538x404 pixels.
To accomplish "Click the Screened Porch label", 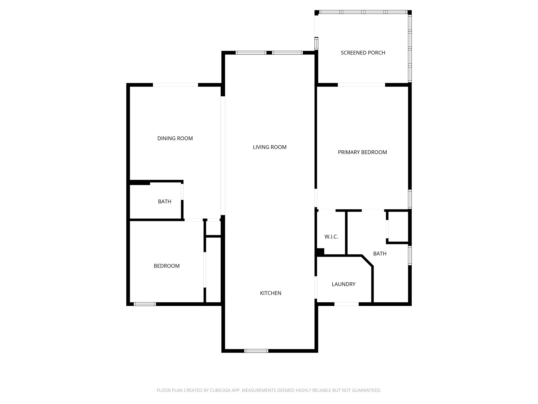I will [x=363, y=53].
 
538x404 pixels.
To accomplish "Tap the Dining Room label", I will [x=175, y=138].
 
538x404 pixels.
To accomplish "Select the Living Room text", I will [x=270, y=147].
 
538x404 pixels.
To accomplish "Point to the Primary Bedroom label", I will [x=362, y=152].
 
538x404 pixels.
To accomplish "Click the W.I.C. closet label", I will [x=331, y=237].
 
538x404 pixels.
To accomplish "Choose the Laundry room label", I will [x=343, y=284].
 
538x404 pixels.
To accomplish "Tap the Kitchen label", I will [x=271, y=293].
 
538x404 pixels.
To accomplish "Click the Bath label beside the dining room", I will [x=164, y=201].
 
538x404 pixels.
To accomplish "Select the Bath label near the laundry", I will [x=380, y=254].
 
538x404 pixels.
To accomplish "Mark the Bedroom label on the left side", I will [x=167, y=266].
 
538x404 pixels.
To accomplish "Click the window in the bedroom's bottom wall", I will [x=145, y=304].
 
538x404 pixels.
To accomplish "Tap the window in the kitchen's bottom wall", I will [x=256, y=351].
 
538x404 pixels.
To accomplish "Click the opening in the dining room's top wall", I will [x=175, y=85].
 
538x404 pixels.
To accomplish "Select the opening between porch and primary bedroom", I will [x=361, y=85].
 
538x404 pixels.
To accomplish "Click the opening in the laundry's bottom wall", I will [x=346, y=304].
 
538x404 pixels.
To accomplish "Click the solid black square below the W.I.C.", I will [x=320, y=252].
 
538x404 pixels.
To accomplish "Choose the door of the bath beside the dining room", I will [x=182, y=192].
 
